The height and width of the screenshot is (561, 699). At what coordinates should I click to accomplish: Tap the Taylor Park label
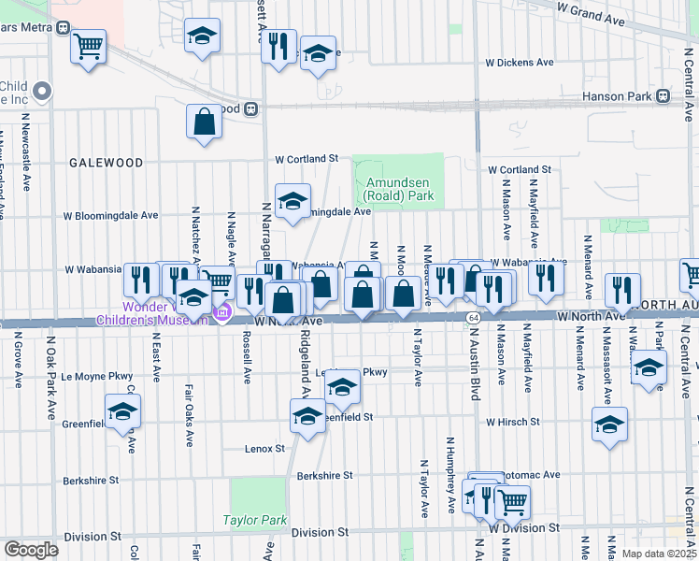[254, 520]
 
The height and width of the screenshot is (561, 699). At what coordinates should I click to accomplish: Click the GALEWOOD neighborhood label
[106, 163]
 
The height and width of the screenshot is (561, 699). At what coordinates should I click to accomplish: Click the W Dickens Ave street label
[519, 63]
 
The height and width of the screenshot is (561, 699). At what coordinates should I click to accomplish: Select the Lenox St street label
[264, 449]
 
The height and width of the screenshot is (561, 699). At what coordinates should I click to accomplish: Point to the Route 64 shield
[474, 319]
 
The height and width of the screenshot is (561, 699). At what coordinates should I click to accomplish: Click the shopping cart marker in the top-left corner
[88, 46]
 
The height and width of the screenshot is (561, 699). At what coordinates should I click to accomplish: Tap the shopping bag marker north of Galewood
[204, 123]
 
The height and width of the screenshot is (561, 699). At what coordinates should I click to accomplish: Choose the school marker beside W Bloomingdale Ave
[292, 201]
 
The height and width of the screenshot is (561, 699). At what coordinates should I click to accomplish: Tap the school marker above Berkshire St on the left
[122, 412]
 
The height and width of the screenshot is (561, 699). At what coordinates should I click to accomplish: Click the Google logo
[31, 550]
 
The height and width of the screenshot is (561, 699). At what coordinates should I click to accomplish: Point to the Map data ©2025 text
[659, 554]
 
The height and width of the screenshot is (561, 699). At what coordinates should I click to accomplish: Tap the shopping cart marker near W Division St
[511, 503]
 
